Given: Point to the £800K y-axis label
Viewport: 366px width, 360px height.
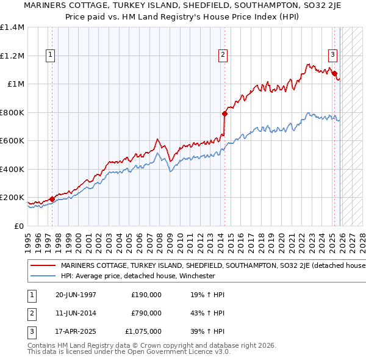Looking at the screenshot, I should click(12, 112).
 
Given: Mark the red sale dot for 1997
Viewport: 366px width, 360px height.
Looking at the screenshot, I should click(52, 198).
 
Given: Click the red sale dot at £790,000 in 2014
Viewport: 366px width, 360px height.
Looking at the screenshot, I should click(224, 113).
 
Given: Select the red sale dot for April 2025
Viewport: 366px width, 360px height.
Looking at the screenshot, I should click(335, 73).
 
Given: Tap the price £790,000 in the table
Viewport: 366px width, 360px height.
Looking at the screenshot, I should click(146, 313).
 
